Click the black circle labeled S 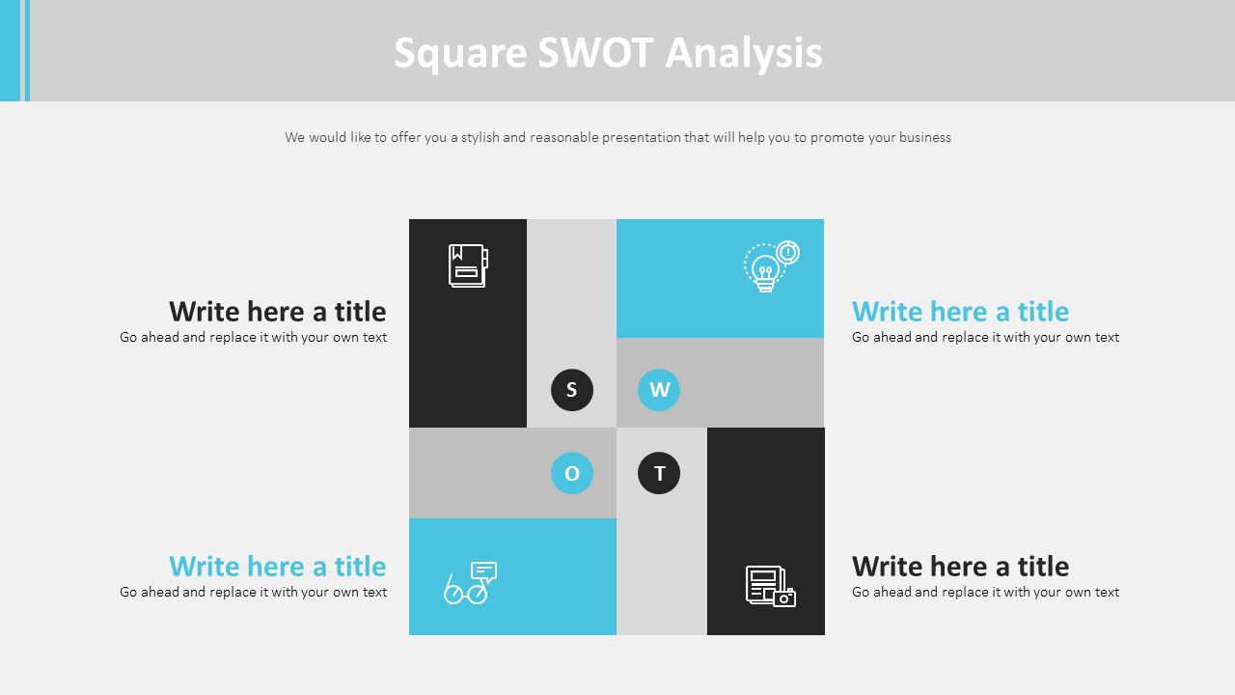pyautogui.click(x=572, y=390)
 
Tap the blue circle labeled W pyautogui.click(x=659, y=390)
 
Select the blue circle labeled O pyautogui.click(x=572, y=473)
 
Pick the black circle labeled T pyautogui.click(x=659, y=473)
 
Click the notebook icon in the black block pyautogui.click(x=468, y=265)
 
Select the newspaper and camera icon pyautogui.click(x=770, y=586)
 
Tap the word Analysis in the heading pyautogui.click(x=744, y=54)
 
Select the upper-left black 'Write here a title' pyautogui.click(x=278, y=312)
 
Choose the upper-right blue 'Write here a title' pyautogui.click(x=960, y=312)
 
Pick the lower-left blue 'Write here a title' pyautogui.click(x=278, y=567)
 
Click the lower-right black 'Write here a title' pyautogui.click(x=960, y=567)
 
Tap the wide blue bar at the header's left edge pyautogui.click(x=10, y=50)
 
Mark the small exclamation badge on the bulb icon pyautogui.click(x=788, y=252)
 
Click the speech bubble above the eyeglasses pyautogui.click(x=484, y=571)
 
